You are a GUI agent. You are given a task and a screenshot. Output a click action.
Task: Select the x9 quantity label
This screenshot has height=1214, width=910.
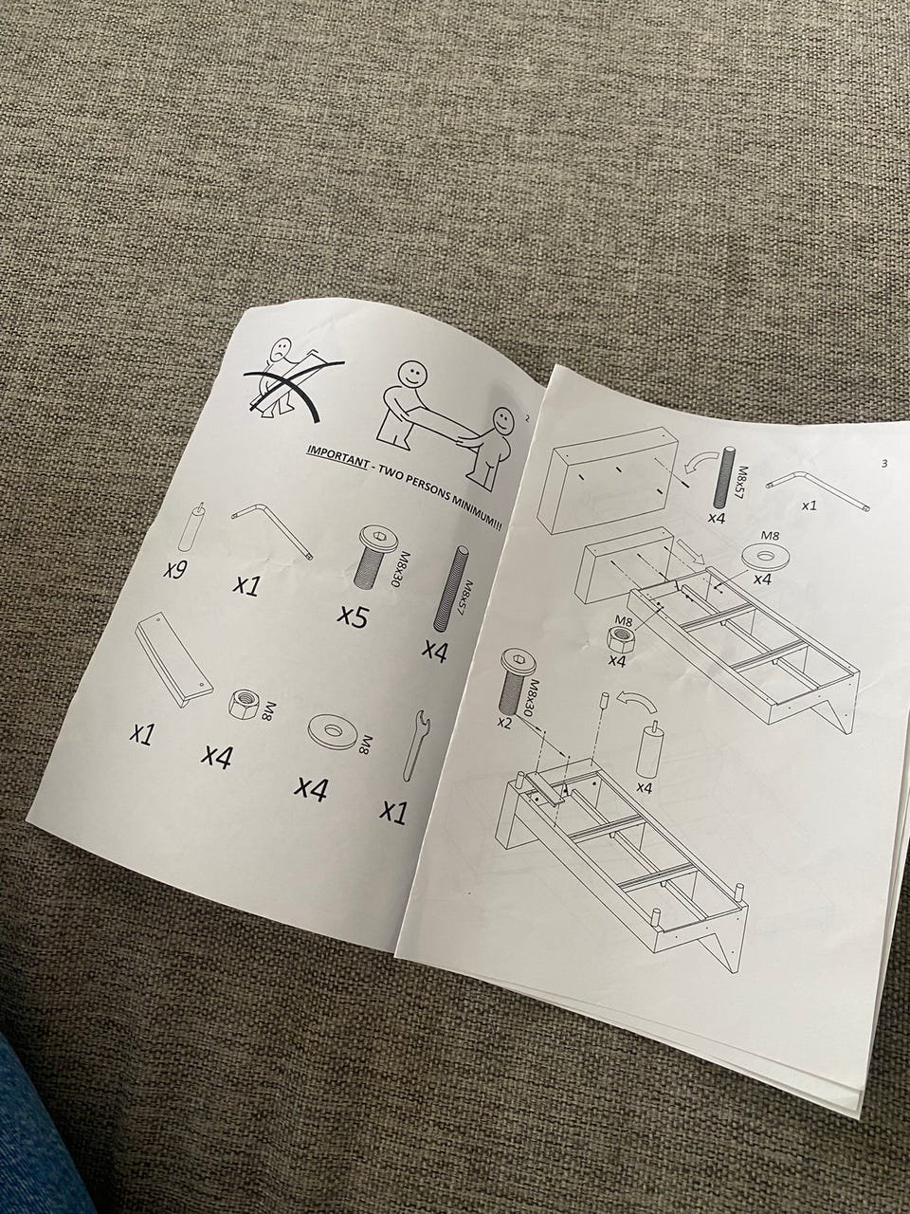175,567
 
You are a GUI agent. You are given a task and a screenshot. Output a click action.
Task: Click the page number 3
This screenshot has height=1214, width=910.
884,464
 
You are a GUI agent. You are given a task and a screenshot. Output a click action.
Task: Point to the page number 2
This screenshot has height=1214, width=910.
528,418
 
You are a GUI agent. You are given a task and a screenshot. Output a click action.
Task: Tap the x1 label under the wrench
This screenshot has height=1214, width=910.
393,811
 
